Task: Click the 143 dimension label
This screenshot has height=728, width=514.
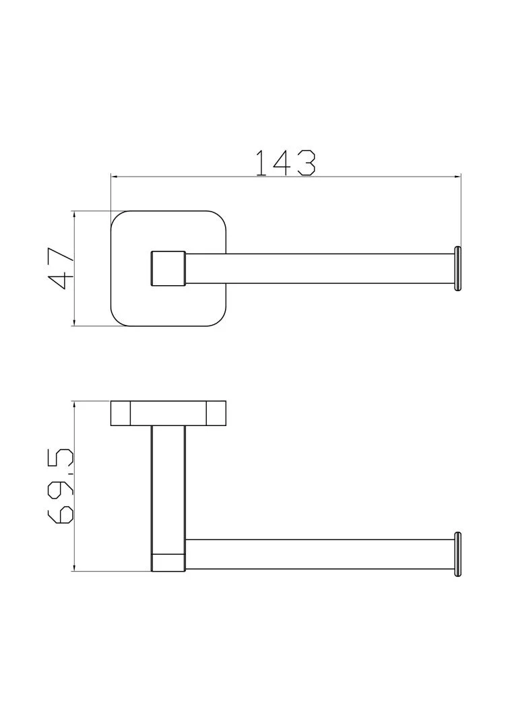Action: coord(286,162)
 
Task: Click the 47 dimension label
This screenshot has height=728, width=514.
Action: coord(61,269)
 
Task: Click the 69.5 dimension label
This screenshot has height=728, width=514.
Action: coord(61,486)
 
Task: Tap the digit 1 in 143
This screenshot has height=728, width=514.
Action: coord(261,162)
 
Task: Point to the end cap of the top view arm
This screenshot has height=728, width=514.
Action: coord(458,268)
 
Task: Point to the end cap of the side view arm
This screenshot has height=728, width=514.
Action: coord(458,554)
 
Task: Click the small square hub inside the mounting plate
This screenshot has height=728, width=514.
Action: coord(168,268)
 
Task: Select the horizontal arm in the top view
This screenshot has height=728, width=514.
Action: coord(319,268)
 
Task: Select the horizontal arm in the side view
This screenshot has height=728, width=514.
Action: coord(319,554)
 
